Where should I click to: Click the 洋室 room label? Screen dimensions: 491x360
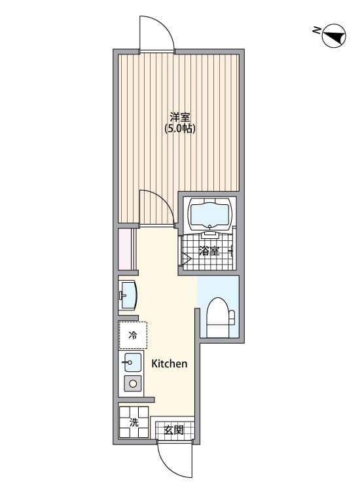(x=180, y=117)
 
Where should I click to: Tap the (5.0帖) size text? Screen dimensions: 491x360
(x=180, y=129)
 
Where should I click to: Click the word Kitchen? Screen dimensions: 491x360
(x=170, y=363)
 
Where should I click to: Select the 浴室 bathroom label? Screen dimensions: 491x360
(x=208, y=251)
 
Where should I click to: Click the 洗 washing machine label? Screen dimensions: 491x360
(x=134, y=422)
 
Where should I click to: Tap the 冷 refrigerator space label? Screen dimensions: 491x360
(x=133, y=336)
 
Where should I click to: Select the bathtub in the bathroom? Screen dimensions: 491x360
(x=210, y=214)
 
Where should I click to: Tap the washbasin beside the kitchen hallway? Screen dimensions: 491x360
(x=128, y=295)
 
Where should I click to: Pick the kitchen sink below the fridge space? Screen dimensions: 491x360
(x=133, y=362)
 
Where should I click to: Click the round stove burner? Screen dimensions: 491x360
(x=133, y=384)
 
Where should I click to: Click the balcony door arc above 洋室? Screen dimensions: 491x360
(x=157, y=33)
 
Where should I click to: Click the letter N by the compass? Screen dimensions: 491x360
(x=316, y=30)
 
